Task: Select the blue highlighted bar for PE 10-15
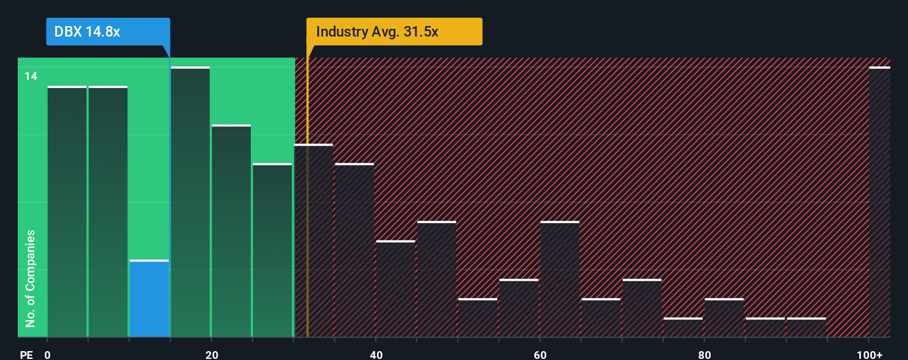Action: click(149, 299)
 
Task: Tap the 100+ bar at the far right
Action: click(879, 202)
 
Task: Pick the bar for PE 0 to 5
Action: click(67, 212)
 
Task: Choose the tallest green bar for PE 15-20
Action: click(190, 202)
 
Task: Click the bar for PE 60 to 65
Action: click(560, 279)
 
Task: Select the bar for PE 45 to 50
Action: click(437, 279)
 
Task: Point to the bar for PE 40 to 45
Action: click(395, 289)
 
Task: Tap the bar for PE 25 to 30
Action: click(272, 250)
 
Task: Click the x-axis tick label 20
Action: click(211, 354)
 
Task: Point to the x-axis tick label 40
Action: click(376, 354)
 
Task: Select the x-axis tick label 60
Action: click(540, 354)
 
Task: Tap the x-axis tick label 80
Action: click(704, 354)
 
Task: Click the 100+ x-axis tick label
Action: click(869, 354)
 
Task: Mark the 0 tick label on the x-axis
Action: click(48, 354)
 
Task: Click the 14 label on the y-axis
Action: click(31, 76)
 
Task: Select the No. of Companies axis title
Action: click(30, 278)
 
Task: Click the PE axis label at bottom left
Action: click(27, 354)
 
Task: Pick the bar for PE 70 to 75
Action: click(642, 308)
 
